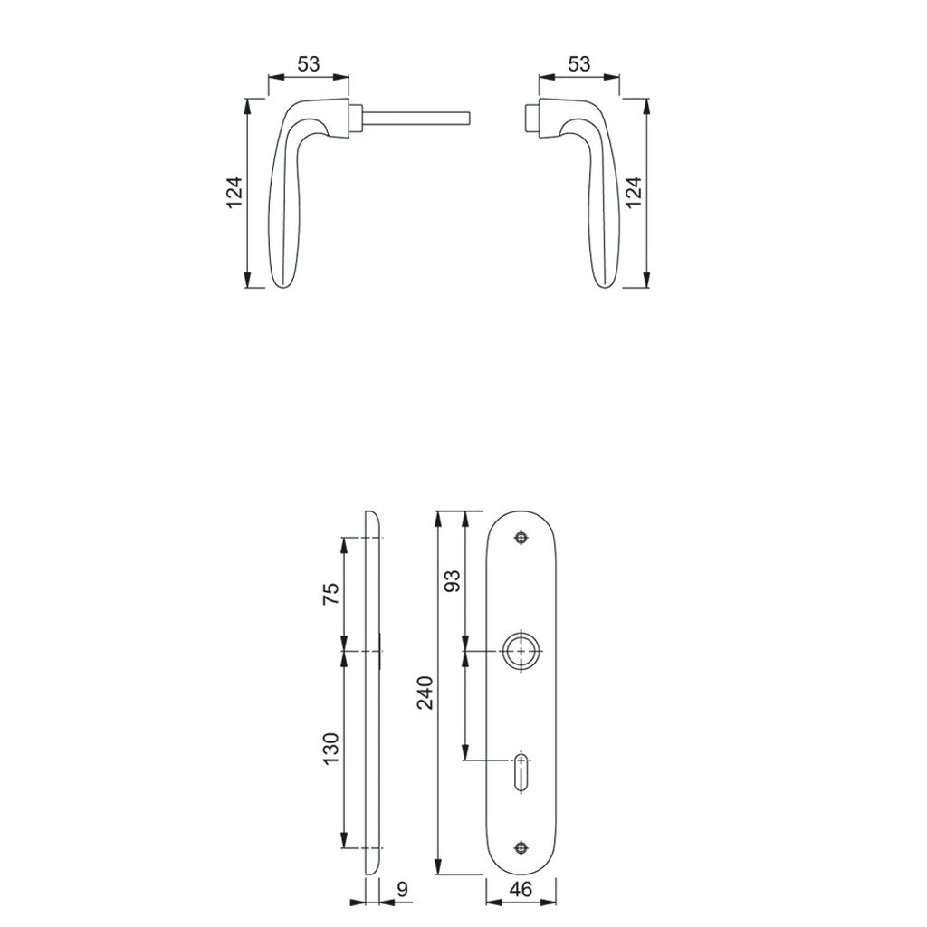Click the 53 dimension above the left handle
click(x=309, y=64)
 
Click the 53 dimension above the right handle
click(x=579, y=64)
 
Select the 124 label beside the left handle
click(x=234, y=193)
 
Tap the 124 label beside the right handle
click(x=633, y=193)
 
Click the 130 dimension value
click(x=330, y=749)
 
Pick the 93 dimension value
click(x=454, y=580)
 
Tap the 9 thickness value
click(x=402, y=890)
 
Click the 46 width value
click(x=521, y=890)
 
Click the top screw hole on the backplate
click(x=521, y=539)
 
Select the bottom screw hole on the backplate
click(x=521, y=847)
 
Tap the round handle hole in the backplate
click(x=521, y=651)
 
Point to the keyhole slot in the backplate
click(x=521, y=770)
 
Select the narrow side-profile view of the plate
click(x=373, y=693)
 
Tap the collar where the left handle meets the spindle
click(x=357, y=119)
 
